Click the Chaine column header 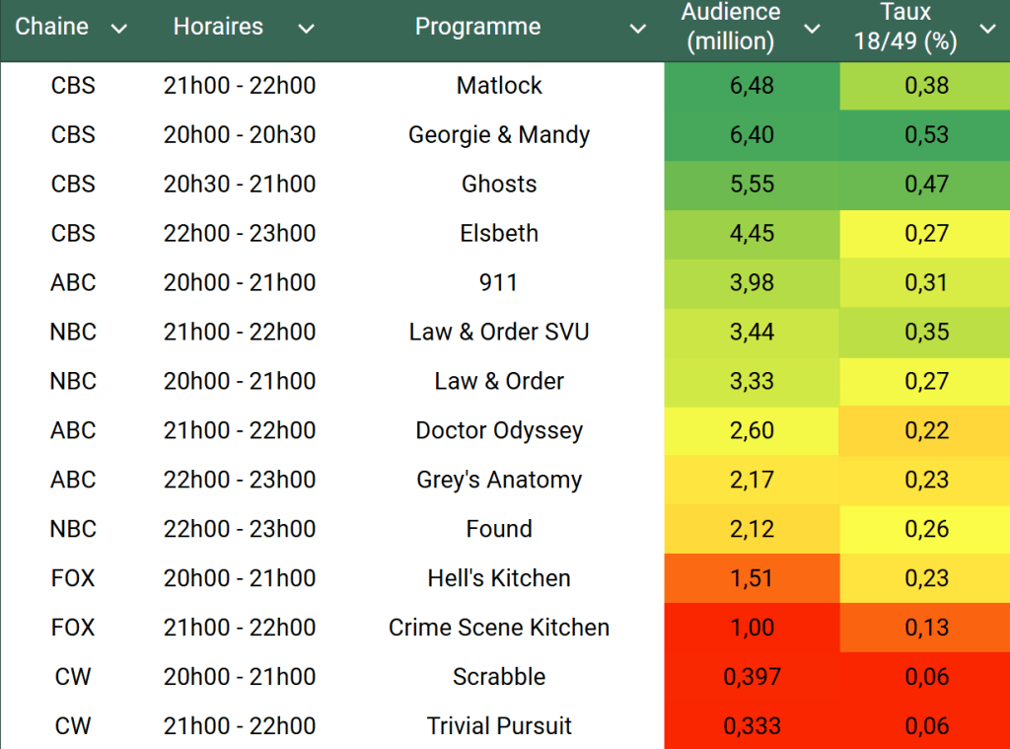click(52, 27)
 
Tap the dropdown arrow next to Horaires click(306, 29)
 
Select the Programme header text click(477, 27)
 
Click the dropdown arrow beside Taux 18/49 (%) click(987, 29)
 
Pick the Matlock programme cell click(499, 86)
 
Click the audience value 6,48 click(752, 86)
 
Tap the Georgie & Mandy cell click(499, 135)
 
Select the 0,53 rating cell click(927, 135)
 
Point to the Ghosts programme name click(499, 185)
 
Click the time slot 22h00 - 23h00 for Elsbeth click(240, 234)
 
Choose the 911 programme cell click(499, 283)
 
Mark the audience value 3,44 click(752, 333)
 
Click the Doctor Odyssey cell click(499, 431)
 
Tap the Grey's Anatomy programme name click(499, 481)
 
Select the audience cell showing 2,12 click(752, 530)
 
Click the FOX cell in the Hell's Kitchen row click(73, 579)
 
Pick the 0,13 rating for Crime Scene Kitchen click(927, 629)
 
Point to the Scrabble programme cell click(499, 678)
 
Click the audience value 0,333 click(752, 727)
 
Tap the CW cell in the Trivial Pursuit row click(73, 727)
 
